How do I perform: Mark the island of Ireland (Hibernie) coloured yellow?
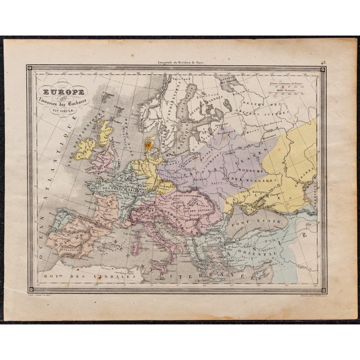click(85, 149)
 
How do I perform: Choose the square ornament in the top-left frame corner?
click(30, 69)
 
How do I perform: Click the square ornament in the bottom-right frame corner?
click(323, 288)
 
